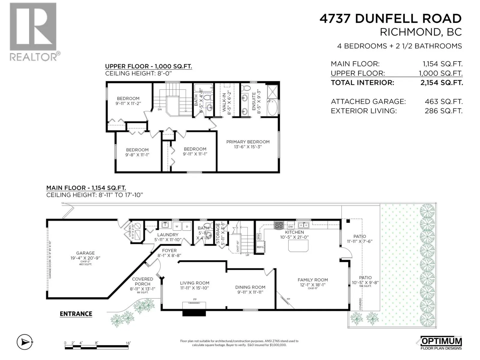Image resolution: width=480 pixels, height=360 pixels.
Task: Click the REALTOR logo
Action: click(x=33, y=31)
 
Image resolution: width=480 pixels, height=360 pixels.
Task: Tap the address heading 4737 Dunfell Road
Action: click(x=390, y=19)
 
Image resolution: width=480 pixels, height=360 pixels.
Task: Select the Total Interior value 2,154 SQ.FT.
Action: click(x=441, y=82)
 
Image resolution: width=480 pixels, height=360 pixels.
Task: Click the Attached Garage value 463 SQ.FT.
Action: click(x=443, y=102)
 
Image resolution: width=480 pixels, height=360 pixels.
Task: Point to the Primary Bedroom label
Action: click(x=248, y=142)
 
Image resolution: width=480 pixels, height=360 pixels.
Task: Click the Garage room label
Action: click(x=85, y=253)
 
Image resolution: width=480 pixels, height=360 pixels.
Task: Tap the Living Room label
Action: click(x=194, y=283)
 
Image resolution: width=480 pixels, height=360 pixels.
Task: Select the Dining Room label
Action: click(x=250, y=287)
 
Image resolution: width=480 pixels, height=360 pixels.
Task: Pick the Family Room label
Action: click(x=313, y=280)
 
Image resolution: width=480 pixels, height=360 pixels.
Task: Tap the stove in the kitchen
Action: click(x=279, y=225)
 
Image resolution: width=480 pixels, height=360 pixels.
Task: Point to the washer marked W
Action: click(x=177, y=226)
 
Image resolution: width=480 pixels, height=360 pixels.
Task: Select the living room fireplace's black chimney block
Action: click(x=194, y=313)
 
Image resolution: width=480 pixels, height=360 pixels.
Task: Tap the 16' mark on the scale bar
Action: click(x=128, y=343)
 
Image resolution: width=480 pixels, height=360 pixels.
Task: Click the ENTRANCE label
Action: click(x=76, y=314)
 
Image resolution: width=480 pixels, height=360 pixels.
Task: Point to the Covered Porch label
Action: click(x=142, y=281)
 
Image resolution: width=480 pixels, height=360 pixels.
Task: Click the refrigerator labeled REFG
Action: click(x=260, y=247)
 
